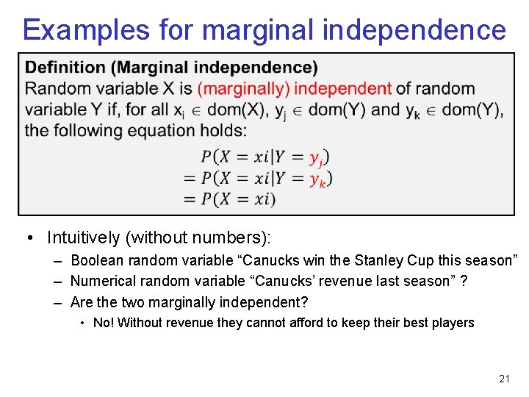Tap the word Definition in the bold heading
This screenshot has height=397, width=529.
[65, 68]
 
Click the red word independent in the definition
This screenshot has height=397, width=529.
[343, 89]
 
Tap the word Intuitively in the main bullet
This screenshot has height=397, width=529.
[82, 237]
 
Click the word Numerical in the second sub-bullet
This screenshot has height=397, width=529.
[102, 281]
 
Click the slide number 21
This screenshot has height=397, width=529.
[504, 379]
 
